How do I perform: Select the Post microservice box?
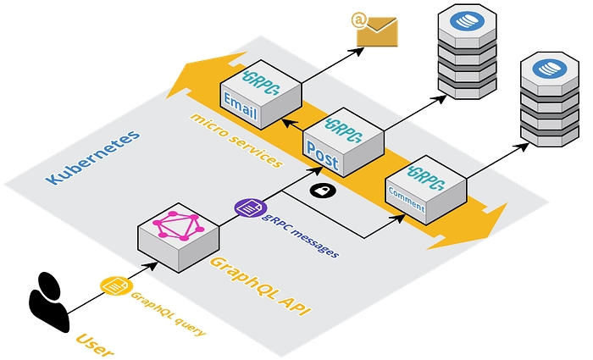tap(342, 144)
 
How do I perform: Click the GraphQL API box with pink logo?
tap(179, 238)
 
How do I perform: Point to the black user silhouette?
tap(49, 301)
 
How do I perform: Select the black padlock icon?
tap(323, 191)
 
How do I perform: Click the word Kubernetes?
tap(92, 158)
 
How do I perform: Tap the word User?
tap(94, 344)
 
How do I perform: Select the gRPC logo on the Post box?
tap(344, 130)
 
